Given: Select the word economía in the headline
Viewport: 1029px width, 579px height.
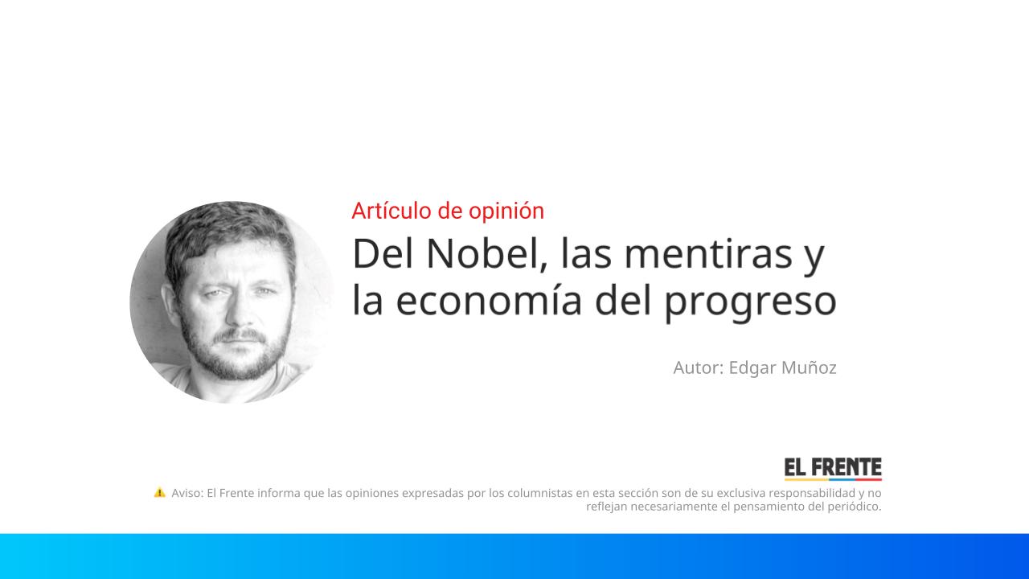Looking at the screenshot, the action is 489,302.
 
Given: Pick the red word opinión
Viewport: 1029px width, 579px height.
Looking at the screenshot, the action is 506,211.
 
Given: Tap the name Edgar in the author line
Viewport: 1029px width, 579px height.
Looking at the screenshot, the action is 752,368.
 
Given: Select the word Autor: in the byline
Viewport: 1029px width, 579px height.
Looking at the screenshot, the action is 699,368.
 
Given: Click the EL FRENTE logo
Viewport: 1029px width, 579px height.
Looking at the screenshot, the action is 833,469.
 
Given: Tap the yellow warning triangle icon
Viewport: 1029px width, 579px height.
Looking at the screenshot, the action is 159,492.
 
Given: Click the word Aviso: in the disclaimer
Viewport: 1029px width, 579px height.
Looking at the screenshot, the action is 187,493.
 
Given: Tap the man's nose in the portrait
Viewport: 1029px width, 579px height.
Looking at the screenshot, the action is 239,314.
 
